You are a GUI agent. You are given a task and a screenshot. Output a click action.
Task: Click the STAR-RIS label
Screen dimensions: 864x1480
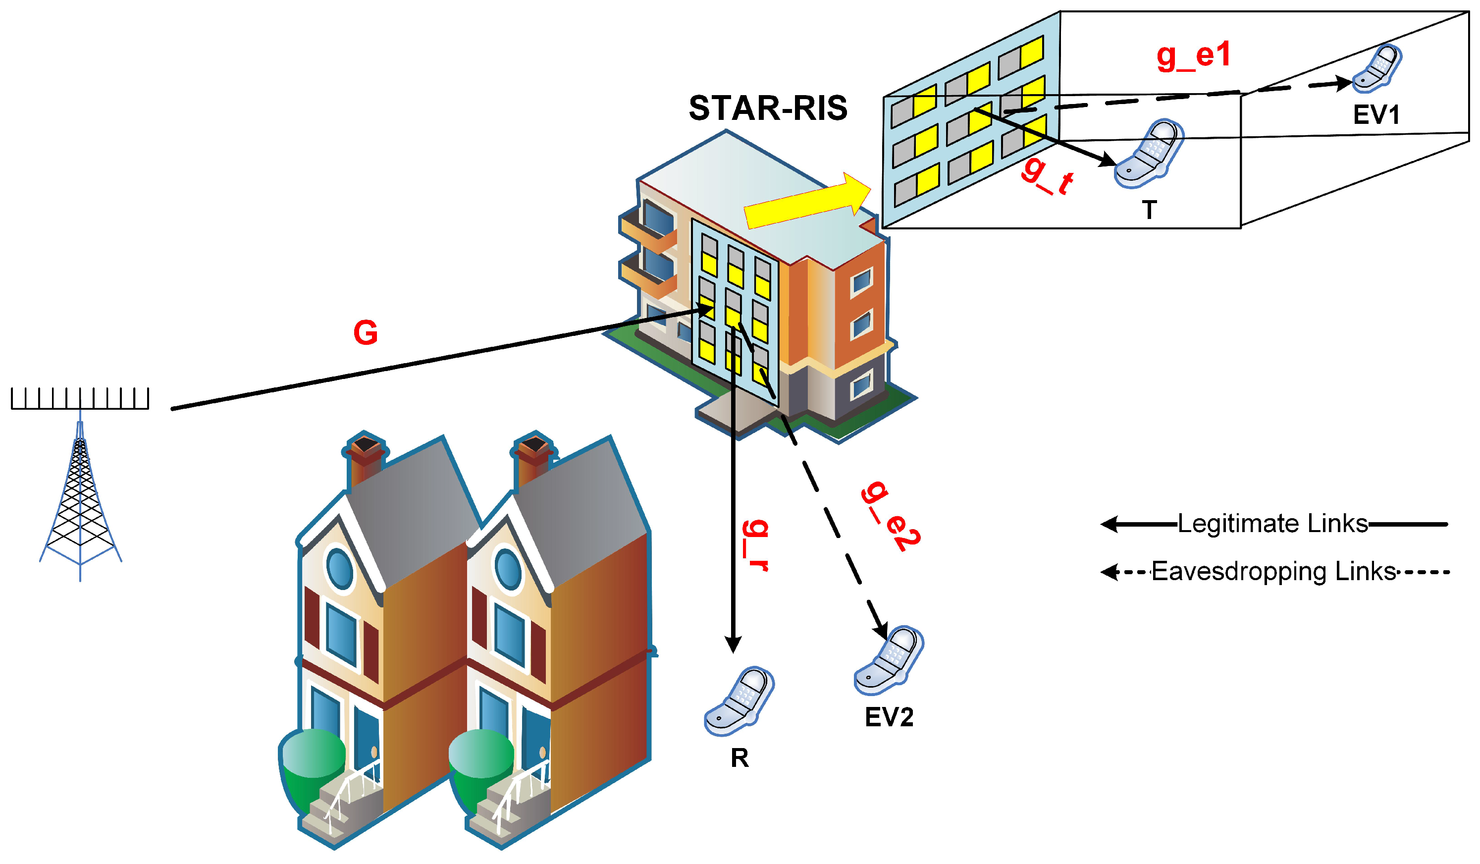(x=768, y=108)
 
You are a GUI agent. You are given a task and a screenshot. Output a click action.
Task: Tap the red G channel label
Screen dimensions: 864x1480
(x=366, y=333)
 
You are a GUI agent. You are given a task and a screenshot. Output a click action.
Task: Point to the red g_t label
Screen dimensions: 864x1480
(x=1047, y=177)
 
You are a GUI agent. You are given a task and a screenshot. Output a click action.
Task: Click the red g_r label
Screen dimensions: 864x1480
(x=755, y=545)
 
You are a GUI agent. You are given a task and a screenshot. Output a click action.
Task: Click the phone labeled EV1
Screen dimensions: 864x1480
(x=1377, y=69)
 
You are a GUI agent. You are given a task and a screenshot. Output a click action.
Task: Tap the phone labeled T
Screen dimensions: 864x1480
(x=1148, y=154)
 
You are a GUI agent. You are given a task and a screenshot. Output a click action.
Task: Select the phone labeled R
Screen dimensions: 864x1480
(x=740, y=701)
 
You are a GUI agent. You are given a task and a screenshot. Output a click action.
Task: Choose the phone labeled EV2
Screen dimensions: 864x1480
(x=889, y=660)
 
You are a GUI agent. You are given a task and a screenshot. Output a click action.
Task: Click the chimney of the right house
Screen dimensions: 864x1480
(x=533, y=458)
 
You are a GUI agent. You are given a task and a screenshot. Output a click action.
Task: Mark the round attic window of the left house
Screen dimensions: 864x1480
(x=339, y=568)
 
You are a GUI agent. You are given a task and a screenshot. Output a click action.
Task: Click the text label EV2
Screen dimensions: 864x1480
(x=889, y=717)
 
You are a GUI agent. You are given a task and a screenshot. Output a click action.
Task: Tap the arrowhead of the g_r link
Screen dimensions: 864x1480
(x=733, y=645)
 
